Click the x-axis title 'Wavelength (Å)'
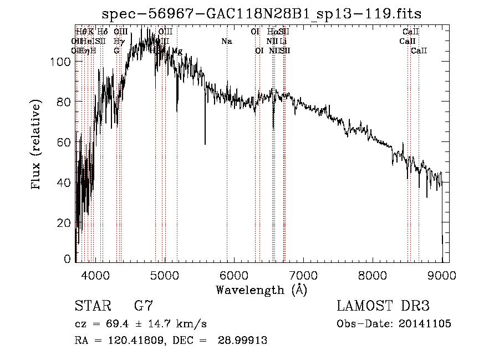click(261, 290)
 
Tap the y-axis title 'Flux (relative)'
click(37, 145)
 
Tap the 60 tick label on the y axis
click(64, 142)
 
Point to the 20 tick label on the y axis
click(64, 222)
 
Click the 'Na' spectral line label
click(226, 41)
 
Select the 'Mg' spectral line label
click(177, 51)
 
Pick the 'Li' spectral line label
click(283, 41)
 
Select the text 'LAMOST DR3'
click(383, 306)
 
